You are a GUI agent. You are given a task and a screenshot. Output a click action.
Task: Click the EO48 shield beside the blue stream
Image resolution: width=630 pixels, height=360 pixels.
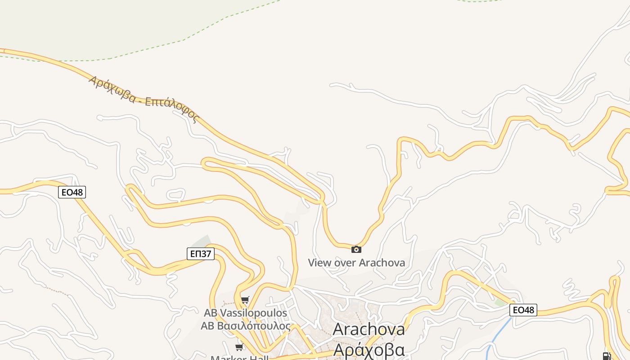click(x=523, y=310)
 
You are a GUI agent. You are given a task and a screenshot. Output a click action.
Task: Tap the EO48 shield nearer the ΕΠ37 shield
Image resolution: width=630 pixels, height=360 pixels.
click(x=72, y=193)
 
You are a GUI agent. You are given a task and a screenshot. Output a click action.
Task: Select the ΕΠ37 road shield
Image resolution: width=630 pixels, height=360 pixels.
click(x=201, y=254)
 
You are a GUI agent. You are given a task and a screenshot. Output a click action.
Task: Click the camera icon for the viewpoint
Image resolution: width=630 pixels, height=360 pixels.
click(x=356, y=249)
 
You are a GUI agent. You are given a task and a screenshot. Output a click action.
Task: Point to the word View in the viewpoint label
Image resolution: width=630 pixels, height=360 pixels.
click(x=319, y=262)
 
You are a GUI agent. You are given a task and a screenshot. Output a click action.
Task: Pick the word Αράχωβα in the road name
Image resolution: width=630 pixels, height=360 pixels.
click(x=112, y=89)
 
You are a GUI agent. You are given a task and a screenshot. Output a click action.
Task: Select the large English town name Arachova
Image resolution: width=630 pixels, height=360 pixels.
click(x=369, y=329)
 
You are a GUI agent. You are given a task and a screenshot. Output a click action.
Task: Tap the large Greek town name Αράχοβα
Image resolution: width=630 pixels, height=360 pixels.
click(x=369, y=350)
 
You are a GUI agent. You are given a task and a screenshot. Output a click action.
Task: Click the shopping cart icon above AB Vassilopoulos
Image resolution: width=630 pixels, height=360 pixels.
click(x=245, y=300)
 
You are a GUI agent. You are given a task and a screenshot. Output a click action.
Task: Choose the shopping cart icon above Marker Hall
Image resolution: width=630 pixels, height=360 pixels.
click(x=239, y=347)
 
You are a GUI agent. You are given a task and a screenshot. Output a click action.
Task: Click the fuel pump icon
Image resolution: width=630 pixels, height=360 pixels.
click(x=606, y=356)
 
